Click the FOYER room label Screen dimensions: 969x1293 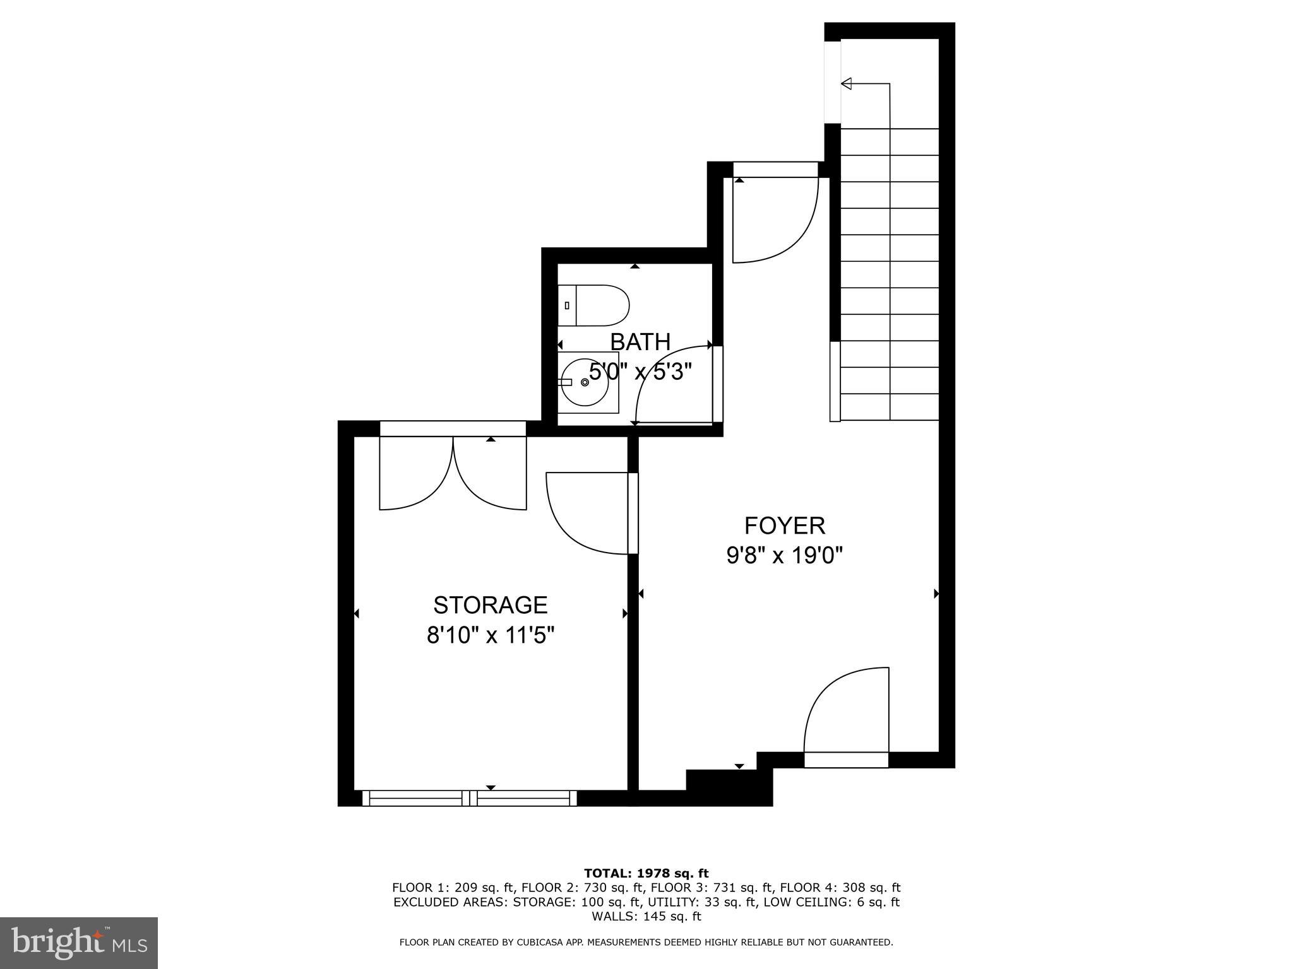[x=784, y=526]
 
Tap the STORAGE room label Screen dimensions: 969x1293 [x=490, y=605]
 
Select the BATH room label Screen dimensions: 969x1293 [x=640, y=342]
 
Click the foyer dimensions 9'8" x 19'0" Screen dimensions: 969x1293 [x=784, y=556]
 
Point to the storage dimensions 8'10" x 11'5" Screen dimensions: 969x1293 [x=490, y=635]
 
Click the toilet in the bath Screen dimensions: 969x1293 [x=593, y=305]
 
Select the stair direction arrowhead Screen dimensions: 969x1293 [x=847, y=83]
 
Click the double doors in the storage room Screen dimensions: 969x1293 [x=453, y=473]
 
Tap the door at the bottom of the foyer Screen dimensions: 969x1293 [x=846, y=716]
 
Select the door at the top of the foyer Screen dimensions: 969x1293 [x=775, y=218]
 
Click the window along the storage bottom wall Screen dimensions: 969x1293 [x=470, y=798]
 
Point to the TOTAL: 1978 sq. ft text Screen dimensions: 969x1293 [x=646, y=874]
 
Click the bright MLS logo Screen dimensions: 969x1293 [x=78, y=943]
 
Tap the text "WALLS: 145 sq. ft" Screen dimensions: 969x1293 [x=646, y=917]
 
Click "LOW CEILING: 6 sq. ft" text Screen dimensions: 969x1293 [x=831, y=902]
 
